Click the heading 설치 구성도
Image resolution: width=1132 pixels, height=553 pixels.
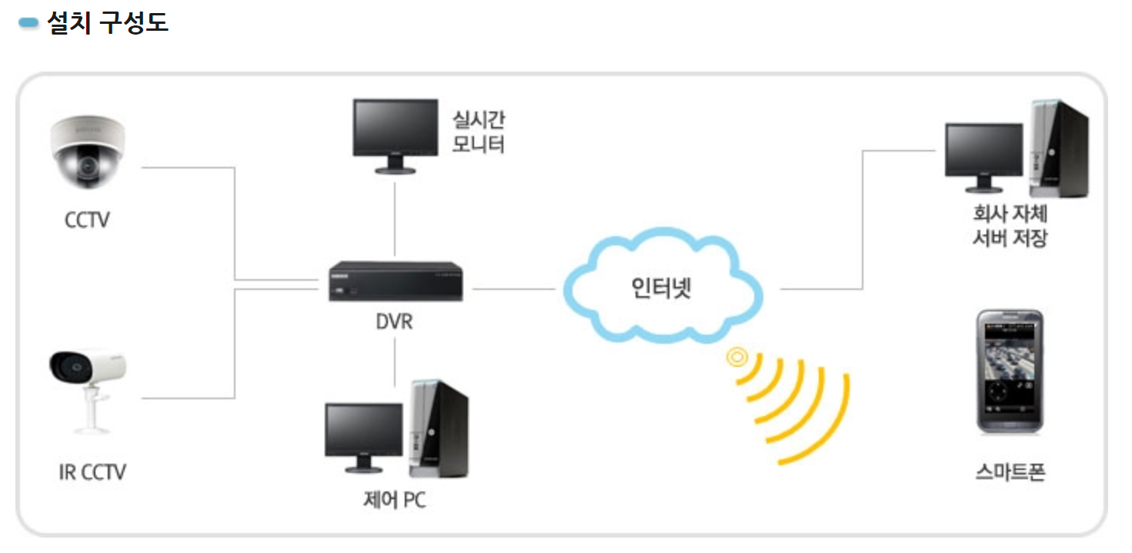(x=107, y=22)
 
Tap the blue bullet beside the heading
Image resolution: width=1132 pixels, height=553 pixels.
(x=28, y=23)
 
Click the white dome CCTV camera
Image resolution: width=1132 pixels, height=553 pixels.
(x=87, y=152)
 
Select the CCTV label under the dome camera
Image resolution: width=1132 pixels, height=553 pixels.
(x=87, y=220)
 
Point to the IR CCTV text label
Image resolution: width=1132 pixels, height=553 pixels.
(x=92, y=471)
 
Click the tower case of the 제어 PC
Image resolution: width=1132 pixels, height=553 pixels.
(x=439, y=427)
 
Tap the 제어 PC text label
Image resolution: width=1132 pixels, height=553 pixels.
(x=394, y=500)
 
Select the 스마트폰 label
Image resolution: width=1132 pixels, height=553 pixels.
(x=1010, y=471)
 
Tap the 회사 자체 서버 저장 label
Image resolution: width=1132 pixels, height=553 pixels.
(x=1010, y=225)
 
